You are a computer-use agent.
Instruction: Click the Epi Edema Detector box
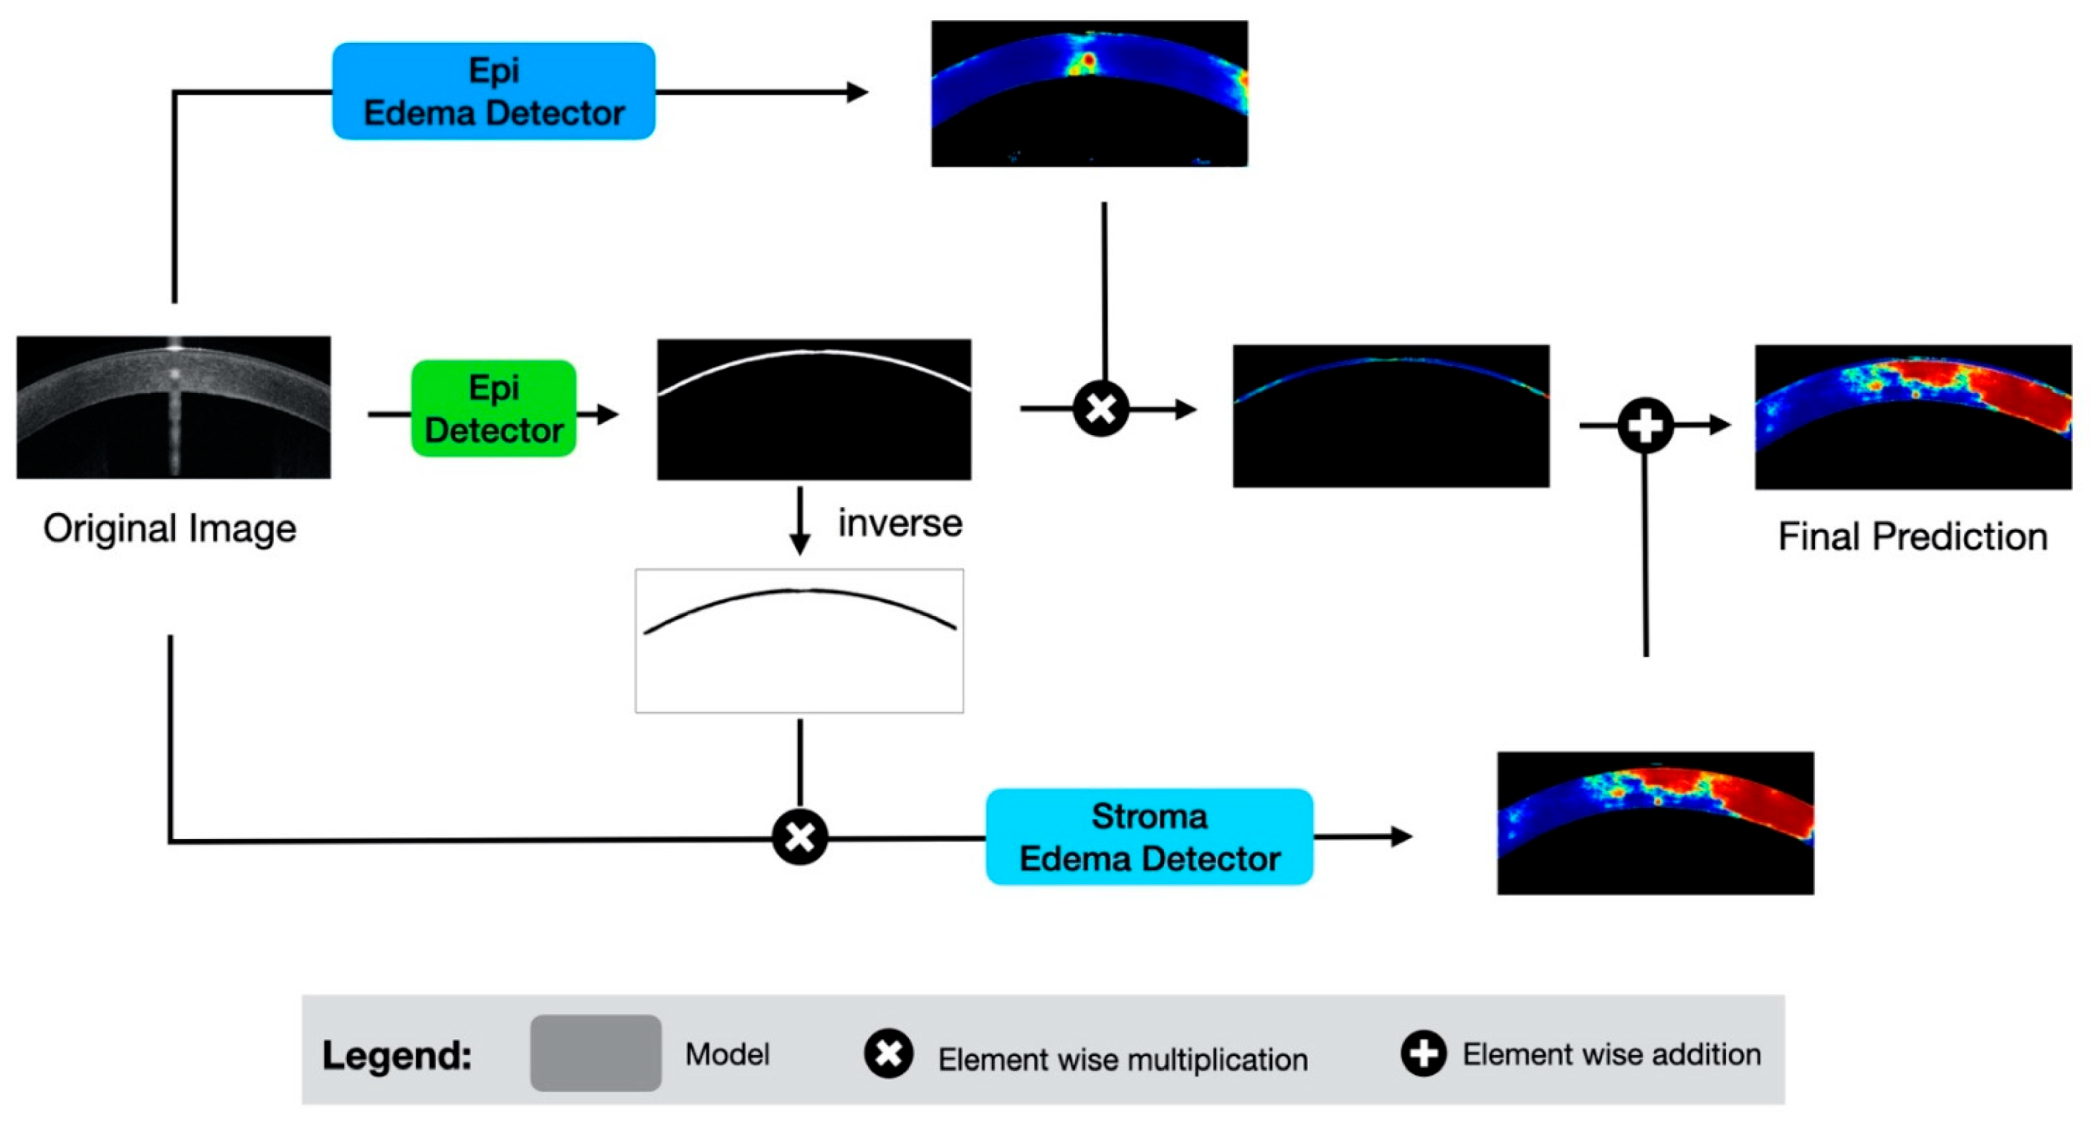coord(493,91)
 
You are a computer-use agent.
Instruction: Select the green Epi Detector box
coord(493,408)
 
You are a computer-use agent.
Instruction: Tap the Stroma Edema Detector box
coord(1149,836)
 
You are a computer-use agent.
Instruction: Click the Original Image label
coord(169,529)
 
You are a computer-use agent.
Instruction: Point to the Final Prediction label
coord(1912,536)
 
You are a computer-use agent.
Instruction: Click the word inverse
coord(900,523)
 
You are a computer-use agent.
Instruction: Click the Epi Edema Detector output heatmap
coord(1089,93)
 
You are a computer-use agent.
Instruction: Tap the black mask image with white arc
coord(814,409)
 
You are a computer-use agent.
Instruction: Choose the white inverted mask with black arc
coord(798,640)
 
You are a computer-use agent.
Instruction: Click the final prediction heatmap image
coord(1912,416)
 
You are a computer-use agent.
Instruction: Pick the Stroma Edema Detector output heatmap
coord(1655,823)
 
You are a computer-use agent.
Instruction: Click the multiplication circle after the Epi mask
coord(1100,408)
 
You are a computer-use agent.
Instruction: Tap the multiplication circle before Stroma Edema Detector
coord(799,836)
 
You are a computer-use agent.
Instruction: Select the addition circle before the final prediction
coord(1645,425)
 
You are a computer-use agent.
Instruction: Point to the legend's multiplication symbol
coord(888,1054)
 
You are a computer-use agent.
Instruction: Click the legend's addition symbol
coord(1423,1053)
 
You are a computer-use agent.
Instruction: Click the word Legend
coord(396,1055)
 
